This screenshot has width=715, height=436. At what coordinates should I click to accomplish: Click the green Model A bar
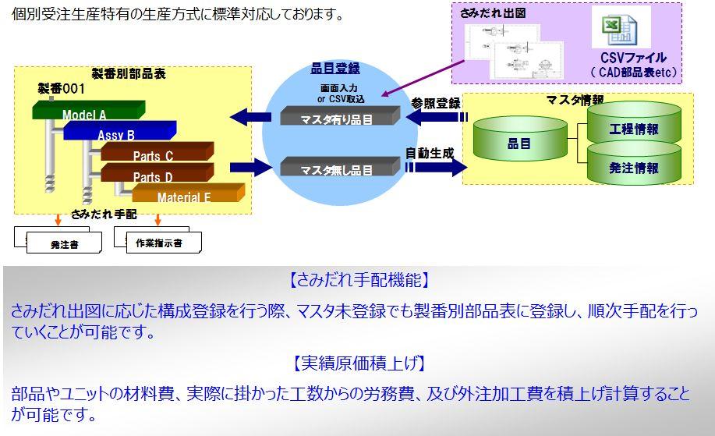click(85, 115)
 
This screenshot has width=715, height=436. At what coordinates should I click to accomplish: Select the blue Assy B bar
click(116, 135)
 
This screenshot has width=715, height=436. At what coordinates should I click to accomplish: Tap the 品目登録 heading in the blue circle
click(335, 69)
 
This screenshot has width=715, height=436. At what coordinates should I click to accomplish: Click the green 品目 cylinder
click(519, 144)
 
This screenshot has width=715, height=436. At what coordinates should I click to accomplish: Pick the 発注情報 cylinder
click(634, 167)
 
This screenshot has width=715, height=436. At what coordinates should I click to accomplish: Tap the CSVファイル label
click(633, 58)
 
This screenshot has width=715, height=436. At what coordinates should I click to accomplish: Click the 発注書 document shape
click(65, 243)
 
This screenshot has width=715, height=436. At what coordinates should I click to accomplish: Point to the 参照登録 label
click(436, 103)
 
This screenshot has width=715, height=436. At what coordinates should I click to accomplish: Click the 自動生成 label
click(429, 153)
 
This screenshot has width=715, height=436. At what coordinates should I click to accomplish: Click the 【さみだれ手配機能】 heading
click(357, 279)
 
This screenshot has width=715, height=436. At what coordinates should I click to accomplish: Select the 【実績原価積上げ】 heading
click(357, 362)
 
